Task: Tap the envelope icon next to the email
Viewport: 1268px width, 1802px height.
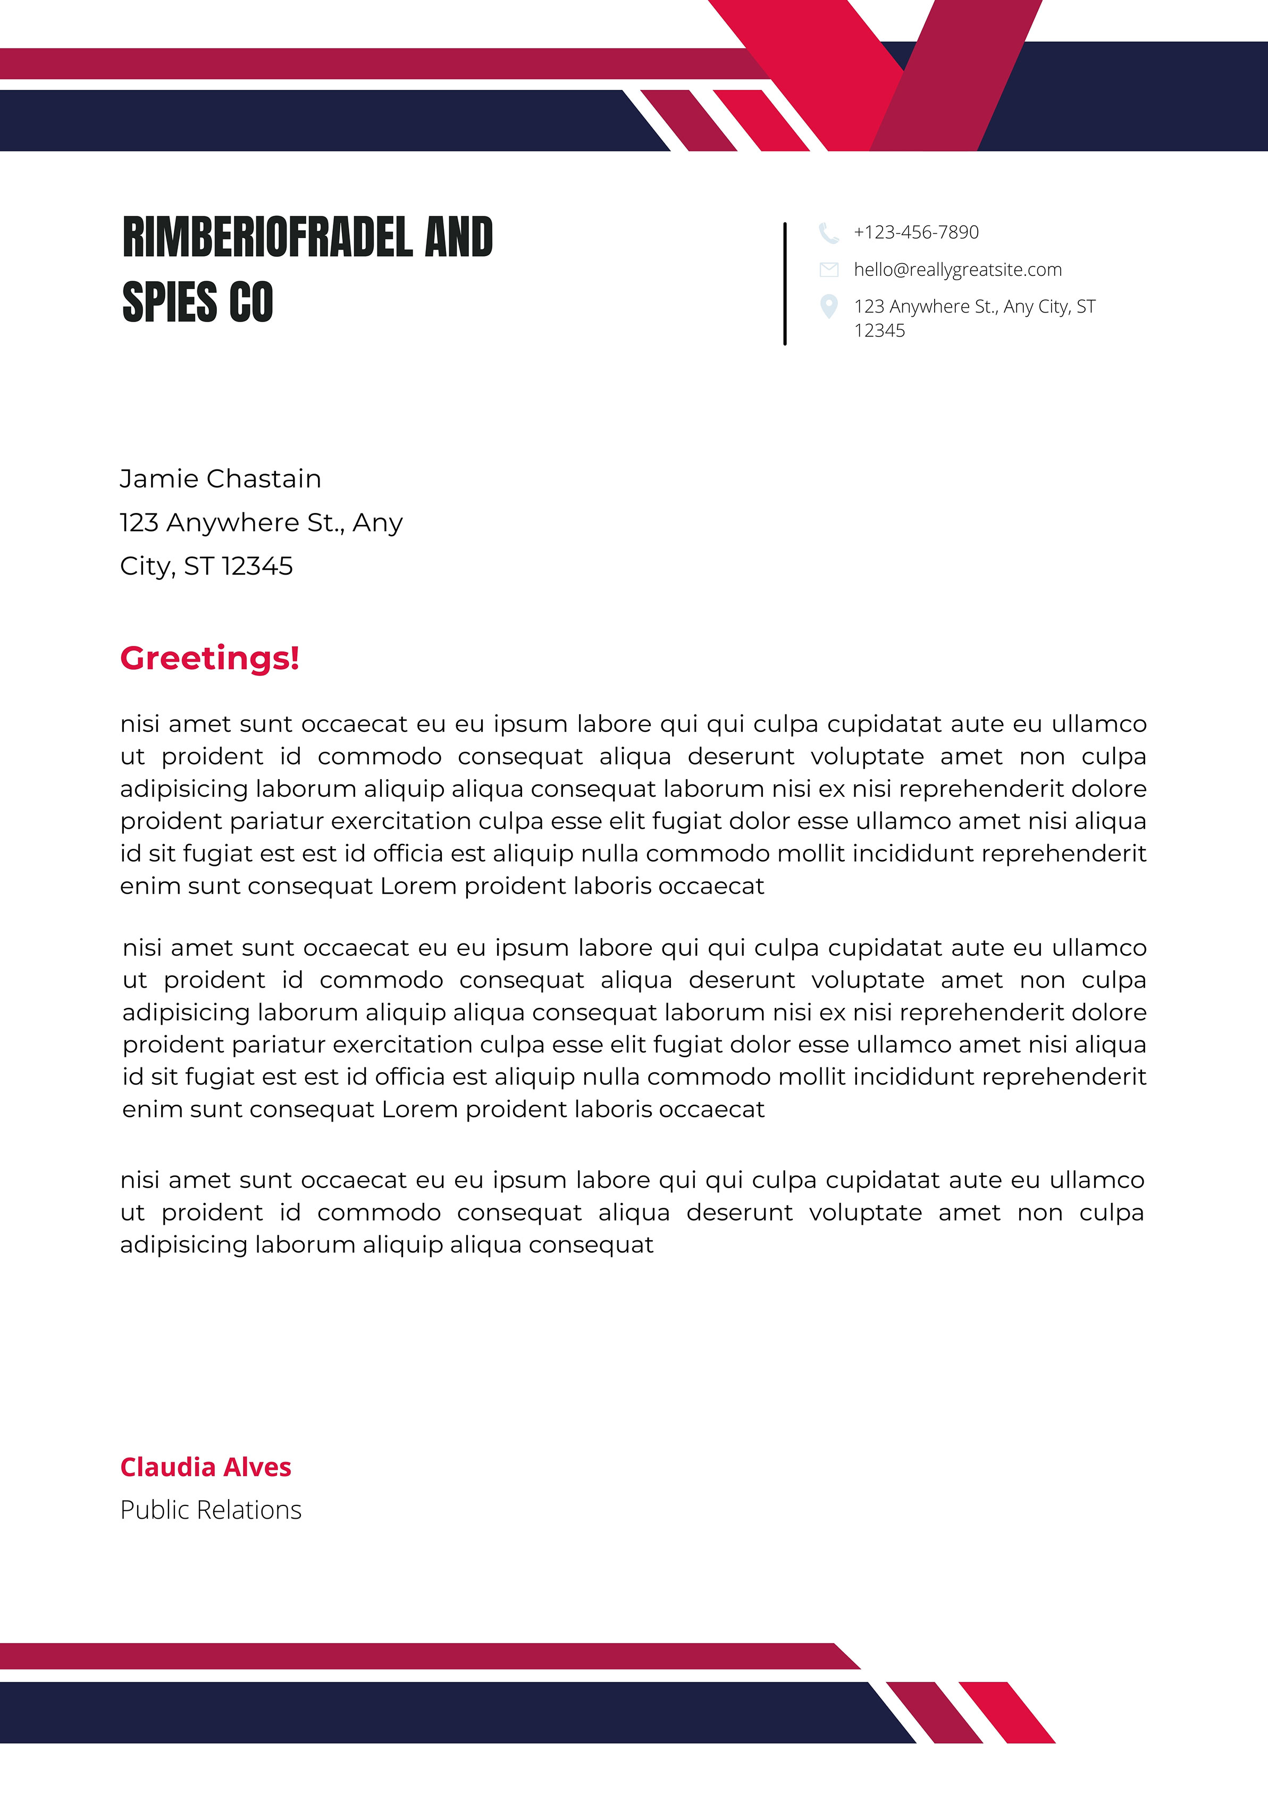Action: click(x=828, y=270)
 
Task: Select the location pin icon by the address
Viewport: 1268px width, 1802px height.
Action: click(x=828, y=306)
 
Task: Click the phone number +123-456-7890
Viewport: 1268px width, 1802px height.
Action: click(x=916, y=232)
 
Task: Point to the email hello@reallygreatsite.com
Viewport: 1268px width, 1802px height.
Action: click(x=957, y=270)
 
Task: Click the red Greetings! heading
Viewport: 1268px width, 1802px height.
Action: click(x=209, y=658)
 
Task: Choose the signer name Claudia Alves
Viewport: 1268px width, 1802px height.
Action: click(x=206, y=1467)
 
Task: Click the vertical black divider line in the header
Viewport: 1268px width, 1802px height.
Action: click(x=784, y=284)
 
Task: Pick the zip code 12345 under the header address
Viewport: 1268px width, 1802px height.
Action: click(x=879, y=331)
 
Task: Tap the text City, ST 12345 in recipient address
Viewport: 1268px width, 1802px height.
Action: click(x=206, y=566)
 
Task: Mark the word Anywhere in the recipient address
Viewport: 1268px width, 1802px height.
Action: click(x=233, y=523)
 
